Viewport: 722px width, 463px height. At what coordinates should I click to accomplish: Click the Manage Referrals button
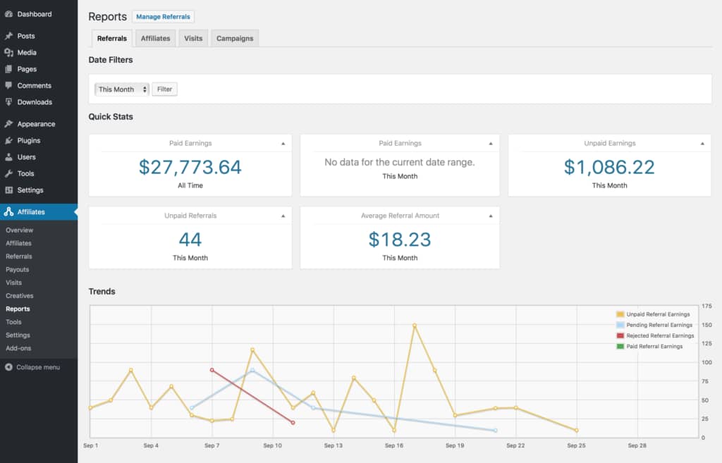coord(163,17)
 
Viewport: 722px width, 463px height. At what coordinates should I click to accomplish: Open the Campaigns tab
coord(235,38)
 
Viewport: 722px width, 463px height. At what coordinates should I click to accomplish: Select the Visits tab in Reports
coord(193,38)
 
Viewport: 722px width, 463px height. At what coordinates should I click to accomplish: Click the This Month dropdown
coord(123,89)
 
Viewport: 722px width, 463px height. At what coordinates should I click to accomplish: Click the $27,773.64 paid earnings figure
coord(190,167)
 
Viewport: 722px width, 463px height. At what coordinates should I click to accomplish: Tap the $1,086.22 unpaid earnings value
coord(609,167)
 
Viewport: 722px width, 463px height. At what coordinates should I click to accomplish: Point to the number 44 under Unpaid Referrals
coord(190,239)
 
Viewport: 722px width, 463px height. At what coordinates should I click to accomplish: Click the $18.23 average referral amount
coord(400,239)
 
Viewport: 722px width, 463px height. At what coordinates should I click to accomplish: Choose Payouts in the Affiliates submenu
coord(18,269)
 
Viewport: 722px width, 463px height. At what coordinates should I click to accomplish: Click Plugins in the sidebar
coord(29,140)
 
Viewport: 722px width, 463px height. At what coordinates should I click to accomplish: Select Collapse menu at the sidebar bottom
coord(37,367)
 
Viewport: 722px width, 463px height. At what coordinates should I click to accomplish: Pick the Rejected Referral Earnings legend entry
coord(660,335)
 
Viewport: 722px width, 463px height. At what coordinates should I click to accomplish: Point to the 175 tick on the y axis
coord(706,307)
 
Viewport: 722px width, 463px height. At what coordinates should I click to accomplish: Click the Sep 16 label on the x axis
coord(394,445)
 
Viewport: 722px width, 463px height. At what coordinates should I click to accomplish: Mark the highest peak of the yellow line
coord(415,326)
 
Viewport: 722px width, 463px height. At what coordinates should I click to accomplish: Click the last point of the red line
coord(293,423)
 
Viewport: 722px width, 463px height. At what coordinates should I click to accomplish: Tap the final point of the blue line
coord(495,430)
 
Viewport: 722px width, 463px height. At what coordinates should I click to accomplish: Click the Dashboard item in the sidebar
coord(34,14)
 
